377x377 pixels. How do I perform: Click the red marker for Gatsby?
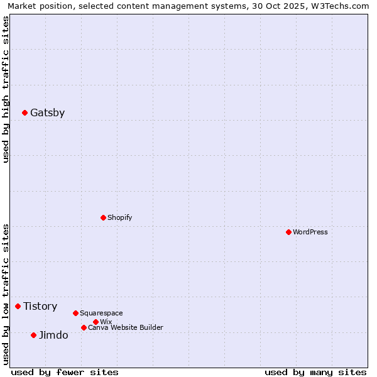(25, 113)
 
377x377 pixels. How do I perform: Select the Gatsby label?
(47, 113)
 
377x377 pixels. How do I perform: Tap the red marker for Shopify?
(103, 217)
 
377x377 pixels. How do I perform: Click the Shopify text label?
(119, 217)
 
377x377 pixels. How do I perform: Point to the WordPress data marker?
(288, 232)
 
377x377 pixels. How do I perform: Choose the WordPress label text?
(310, 232)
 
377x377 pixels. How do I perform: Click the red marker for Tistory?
(18, 306)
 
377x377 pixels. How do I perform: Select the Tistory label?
(40, 307)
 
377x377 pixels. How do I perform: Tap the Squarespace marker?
(75, 313)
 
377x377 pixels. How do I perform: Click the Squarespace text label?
(101, 313)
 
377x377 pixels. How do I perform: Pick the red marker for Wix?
(96, 322)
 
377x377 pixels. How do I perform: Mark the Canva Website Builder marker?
(84, 327)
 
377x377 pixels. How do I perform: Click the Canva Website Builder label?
(125, 327)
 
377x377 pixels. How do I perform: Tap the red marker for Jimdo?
(33, 335)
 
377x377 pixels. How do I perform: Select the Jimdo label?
(53, 336)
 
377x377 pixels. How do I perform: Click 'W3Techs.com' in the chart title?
(342, 6)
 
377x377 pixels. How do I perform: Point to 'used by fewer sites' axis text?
(65, 372)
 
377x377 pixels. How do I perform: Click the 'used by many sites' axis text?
(315, 372)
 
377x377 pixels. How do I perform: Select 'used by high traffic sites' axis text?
(6, 89)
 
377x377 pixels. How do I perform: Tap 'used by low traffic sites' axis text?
(6, 294)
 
